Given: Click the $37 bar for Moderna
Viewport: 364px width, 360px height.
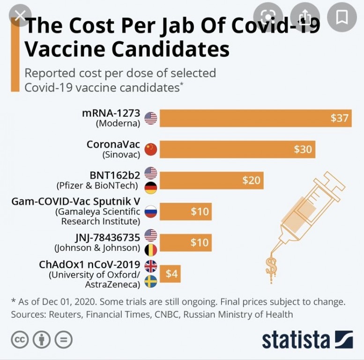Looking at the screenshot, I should pos(255,118).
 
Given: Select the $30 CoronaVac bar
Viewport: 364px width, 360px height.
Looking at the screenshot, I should pos(237,149).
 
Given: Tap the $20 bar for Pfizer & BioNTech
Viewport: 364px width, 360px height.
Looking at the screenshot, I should pos(211,180).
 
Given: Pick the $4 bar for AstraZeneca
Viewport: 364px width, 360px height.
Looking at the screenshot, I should pos(171,274).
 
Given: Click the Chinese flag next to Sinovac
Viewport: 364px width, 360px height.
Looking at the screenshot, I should pos(150,150).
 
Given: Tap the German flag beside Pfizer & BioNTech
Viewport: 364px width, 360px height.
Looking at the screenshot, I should pos(150,188).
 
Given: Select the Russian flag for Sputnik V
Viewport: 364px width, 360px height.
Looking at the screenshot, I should pos(150,212).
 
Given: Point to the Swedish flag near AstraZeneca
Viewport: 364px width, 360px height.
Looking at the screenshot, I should pos(150,281).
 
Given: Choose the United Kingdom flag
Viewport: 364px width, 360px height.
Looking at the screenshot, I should pos(150,266).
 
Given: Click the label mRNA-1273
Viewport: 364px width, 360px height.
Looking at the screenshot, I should pos(111,113).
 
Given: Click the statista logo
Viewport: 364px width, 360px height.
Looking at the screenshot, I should pos(307,339).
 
